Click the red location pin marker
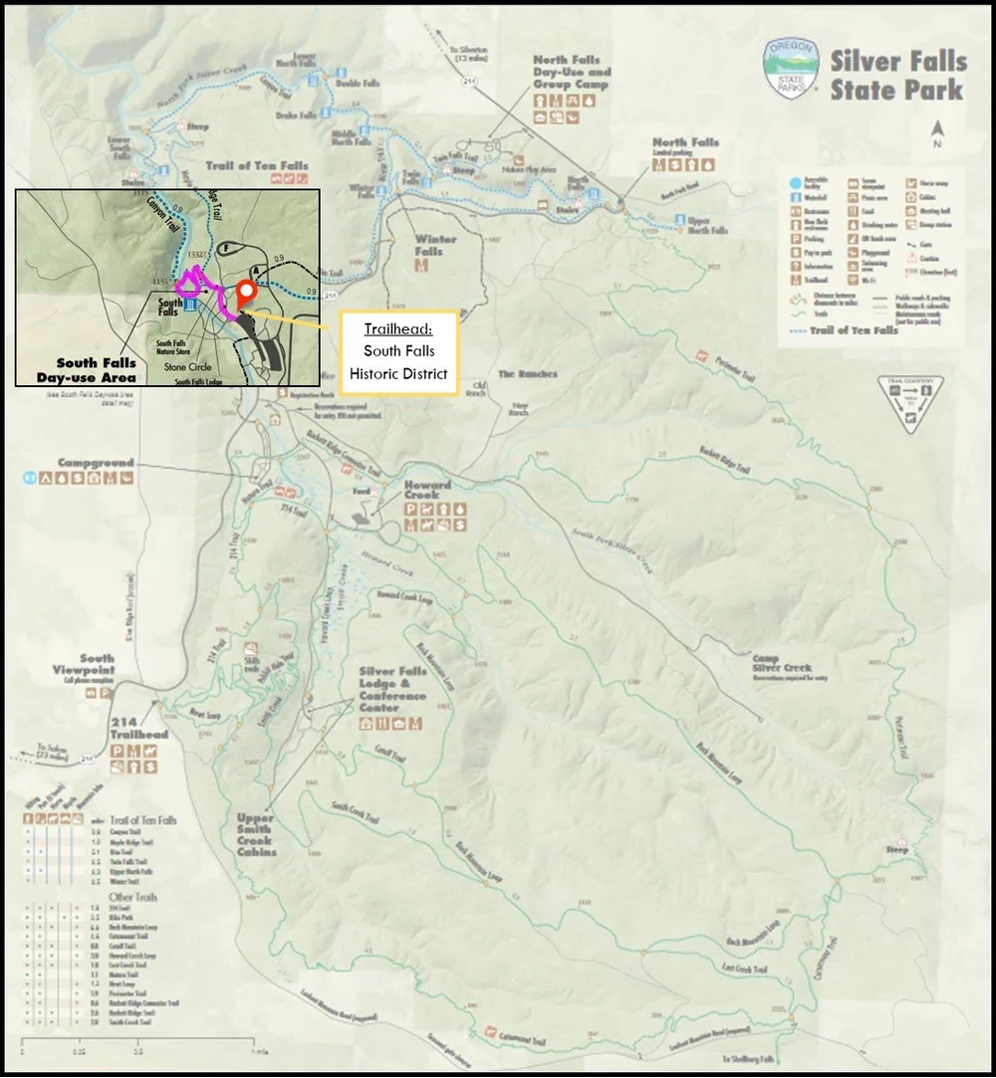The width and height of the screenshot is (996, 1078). tap(244, 294)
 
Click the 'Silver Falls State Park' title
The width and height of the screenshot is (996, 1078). tap(897, 75)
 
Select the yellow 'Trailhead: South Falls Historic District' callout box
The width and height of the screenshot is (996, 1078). tap(398, 351)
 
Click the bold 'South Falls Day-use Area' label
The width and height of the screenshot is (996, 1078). tap(96, 370)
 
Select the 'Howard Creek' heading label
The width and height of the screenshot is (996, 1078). tap(427, 489)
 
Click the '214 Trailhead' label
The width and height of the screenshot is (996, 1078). tap(139, 728)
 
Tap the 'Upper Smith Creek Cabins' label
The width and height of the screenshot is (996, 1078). tap(256, 834)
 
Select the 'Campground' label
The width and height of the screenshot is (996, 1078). tap(96, 463)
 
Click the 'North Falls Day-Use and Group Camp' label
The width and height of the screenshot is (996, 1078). tap(572, 73)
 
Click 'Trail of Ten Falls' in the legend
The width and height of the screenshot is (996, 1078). tap(857, 330)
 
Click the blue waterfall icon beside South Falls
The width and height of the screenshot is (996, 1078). tap(190, 305)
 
